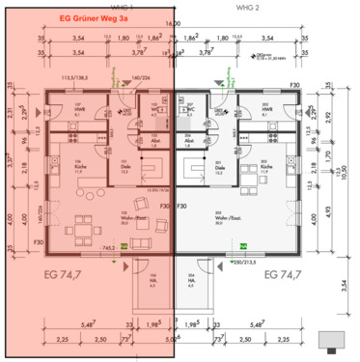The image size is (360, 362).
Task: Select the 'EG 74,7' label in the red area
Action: click(x=69, y=276)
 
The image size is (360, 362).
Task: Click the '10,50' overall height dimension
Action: click(x=346, y=172)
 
